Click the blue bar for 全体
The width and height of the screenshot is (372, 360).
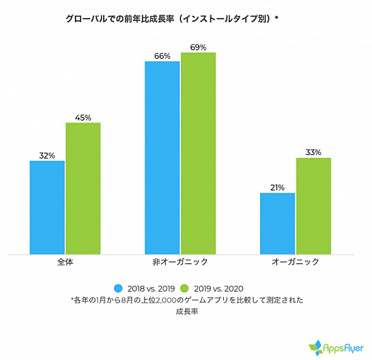pos(47,207)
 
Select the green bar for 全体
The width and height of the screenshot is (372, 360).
pos(83,188)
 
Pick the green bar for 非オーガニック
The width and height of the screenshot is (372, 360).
pos(198,153)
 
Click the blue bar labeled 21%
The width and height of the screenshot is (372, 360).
pos(277,223)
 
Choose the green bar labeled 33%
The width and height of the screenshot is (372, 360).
pos(313,206)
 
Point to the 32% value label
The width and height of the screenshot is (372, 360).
pos(47,156)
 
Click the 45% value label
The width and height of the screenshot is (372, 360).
pos(83,117)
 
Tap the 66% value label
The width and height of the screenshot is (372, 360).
pos(162,56)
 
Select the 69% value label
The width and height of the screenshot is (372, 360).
pos(198,47)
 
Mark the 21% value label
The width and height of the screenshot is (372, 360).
pos(277,188)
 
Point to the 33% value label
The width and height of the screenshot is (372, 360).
pos(313,152)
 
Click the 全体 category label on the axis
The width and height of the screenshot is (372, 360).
pos(64,260)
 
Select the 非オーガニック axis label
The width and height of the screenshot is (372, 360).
pos(180,260)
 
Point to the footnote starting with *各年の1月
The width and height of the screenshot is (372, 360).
pos(187,300)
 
